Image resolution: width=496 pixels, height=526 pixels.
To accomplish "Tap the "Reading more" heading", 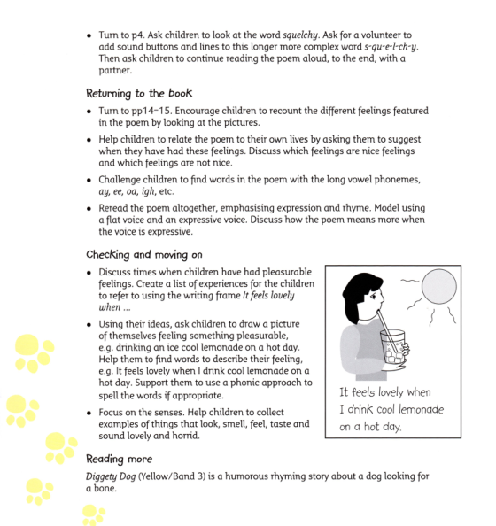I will pyautogui.click(x=119, y=459).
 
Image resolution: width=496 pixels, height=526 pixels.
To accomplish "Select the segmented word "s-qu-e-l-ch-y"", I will pyautogui.click(x=375, y=46).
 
